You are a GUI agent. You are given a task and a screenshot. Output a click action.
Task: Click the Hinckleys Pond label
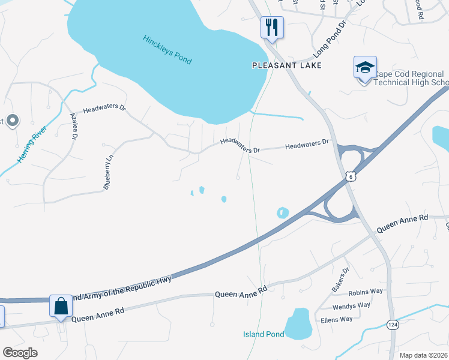point(167,50)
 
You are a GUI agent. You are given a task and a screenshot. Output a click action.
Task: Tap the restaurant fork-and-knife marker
point(272,28)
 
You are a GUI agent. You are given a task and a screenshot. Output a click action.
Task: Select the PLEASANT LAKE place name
point(287,65)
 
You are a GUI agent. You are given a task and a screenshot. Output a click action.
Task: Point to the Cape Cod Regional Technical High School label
point(411,78)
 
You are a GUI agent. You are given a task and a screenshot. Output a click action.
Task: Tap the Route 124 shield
point(391,324)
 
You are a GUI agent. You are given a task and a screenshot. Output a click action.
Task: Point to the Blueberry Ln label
point(108,173)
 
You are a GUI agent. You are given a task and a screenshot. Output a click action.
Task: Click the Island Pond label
point(263,334)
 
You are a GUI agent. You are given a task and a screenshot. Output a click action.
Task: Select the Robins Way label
point(366,292)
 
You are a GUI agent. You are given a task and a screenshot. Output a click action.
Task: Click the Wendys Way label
point(351,305)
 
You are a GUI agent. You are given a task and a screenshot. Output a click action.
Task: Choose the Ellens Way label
point(336,319)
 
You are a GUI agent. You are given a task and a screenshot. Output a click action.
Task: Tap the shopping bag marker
point(61,306)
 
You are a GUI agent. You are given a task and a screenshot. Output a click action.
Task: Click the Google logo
point(20,353)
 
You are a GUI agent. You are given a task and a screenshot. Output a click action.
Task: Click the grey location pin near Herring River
point(13,120)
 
